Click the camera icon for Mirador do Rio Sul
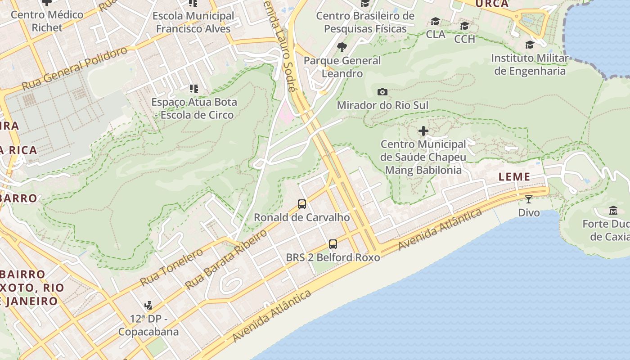[382, 92]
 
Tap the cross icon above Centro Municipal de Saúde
[423, 131]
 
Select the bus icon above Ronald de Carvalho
[302, 204]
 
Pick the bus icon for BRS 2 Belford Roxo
[333, 244]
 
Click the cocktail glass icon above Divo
[529, 199]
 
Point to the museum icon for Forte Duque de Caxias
[613, 210]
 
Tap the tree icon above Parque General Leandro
[342, 47]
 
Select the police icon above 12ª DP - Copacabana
[148, 306]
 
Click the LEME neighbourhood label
[514, 177]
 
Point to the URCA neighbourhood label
[492, 4]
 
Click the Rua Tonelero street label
[172, 267]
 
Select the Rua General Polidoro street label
[75, 68]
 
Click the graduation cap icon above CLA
[435, 22]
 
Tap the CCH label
[464, 39]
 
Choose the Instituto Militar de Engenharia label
[530, 64]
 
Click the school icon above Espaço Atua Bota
[193, 89]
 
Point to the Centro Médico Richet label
[47, 21]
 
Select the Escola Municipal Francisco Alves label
[193, 22]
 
